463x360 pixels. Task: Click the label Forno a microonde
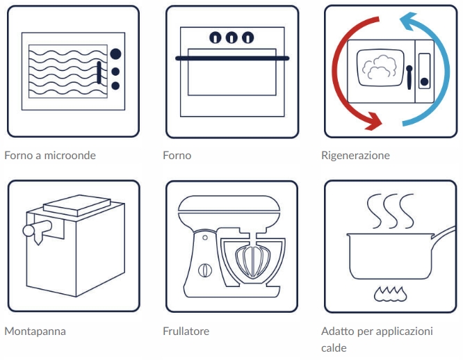point(50,155)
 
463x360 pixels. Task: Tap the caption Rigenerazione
point(355,155)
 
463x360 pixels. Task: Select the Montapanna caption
point(35,331)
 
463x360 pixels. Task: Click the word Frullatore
point(186,331)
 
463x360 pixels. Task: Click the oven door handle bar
point(231,59)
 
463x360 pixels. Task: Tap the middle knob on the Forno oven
point(231,37)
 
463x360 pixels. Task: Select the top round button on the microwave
point(116,54)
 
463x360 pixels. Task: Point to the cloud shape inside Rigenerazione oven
point(381,67)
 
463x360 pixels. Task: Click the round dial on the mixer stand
point(204,268)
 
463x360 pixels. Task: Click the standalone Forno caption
point(177,155)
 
